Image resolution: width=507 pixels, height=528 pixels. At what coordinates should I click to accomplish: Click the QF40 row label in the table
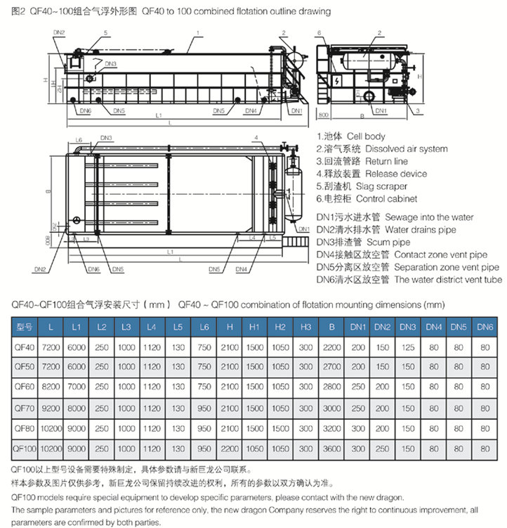point(25,347)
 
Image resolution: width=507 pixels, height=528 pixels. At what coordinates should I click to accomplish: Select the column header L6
point(204,327)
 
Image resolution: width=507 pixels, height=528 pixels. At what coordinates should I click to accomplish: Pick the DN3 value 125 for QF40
point(408,347)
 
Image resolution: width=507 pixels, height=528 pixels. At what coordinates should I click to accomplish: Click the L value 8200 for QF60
point(51,387)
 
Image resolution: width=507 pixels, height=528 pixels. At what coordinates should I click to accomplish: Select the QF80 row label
point(25,428)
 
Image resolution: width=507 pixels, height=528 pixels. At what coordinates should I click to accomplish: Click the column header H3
point(306,327)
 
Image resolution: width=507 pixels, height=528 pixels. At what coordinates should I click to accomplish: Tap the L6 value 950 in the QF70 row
point(204,408)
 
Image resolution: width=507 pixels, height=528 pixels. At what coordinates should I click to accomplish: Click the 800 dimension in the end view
point(323,114)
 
